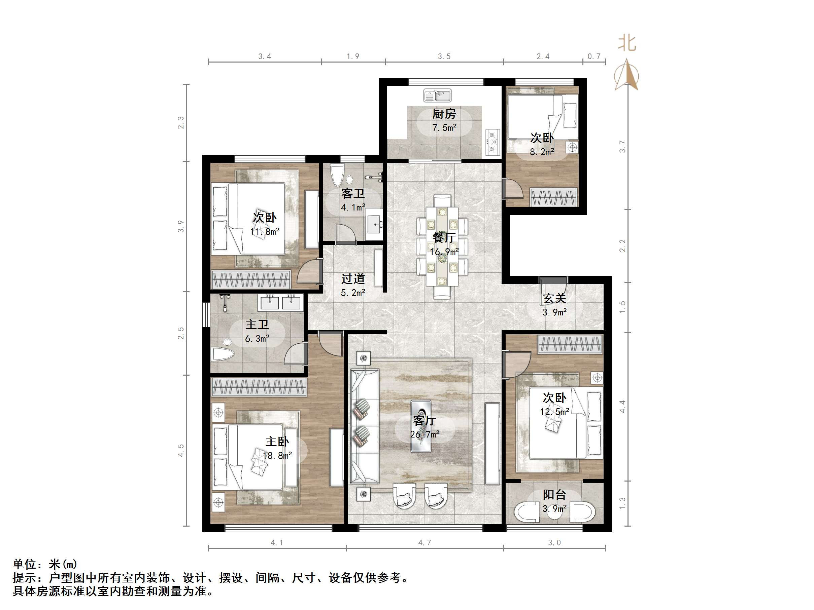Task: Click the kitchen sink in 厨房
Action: point(437,96)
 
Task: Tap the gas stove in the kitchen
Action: point(493,142)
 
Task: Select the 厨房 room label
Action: point(444,114)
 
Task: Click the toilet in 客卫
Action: point(337,176)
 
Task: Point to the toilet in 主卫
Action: point(223,354)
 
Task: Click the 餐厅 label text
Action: point(444,238)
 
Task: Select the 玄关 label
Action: point(554,299)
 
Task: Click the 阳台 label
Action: point(554,495)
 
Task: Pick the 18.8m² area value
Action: point(277,456)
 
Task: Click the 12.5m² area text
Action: point(554,412)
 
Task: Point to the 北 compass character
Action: point(627,43)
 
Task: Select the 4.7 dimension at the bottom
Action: point(424,543)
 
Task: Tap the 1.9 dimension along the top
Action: point(352,56)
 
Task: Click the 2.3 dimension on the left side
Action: point(180,122)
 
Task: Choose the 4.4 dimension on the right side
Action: point(622,406)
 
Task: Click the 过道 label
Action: point(352,279)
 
